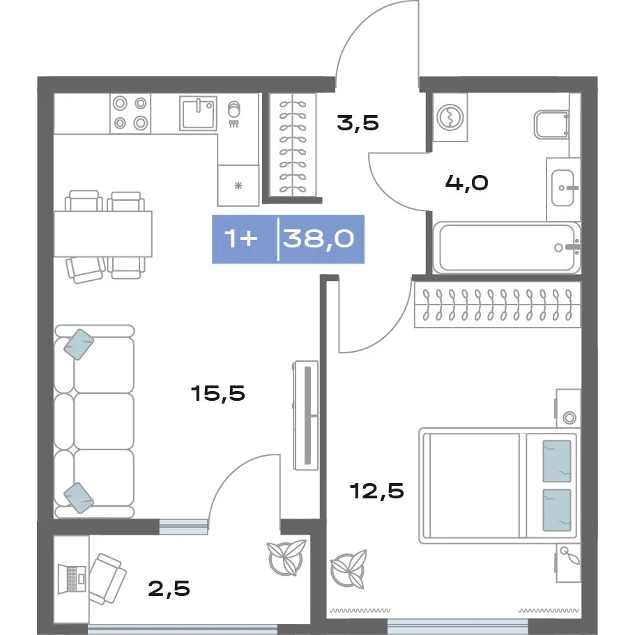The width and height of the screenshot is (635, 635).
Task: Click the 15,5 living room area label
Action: [x=218, y=393]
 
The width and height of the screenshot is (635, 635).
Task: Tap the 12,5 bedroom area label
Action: [x=376, y=491]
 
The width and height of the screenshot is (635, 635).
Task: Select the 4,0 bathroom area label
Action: [x=466, y=183]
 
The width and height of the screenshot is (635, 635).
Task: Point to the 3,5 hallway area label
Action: [x=358, y=123]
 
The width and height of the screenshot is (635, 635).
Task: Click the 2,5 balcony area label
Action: [x=169, y=588]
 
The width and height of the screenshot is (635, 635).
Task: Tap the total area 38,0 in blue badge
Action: [x=319, y=238]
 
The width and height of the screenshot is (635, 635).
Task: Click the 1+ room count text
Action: [x=241, y=238]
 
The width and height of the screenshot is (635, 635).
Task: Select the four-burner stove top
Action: [x=130, y=113]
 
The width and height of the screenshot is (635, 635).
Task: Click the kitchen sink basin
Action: [x=198, y=114]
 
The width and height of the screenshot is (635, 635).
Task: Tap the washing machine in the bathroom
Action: [x=450, y=117]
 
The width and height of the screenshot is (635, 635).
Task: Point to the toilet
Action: [x=552, y=124]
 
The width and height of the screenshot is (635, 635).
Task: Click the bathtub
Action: [x=507, y=247]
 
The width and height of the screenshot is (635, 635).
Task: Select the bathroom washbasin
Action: [x=563, y=188]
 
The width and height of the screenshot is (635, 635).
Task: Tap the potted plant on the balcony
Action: [x=286, y=558]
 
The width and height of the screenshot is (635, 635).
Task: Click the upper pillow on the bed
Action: [x=556, y=461]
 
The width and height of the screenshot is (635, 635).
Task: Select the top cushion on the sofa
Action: [x=79, y=344]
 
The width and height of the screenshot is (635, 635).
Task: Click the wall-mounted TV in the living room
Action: [x=306, y=415]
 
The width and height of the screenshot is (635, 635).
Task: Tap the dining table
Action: [x=103, y=234]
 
